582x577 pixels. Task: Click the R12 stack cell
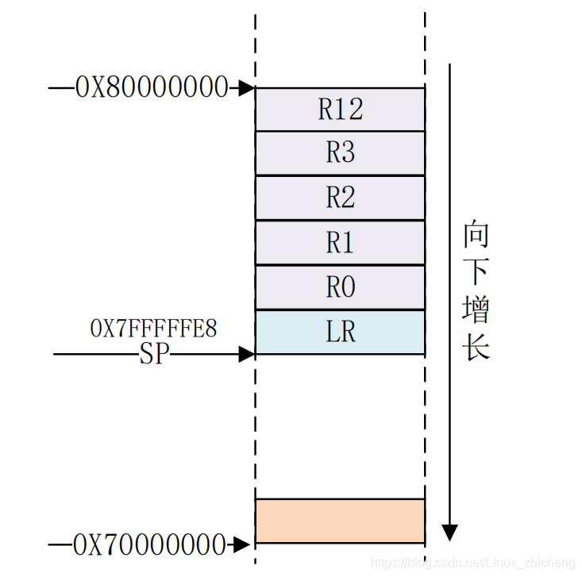tap(340, 109)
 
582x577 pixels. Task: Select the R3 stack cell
tap(340, 152)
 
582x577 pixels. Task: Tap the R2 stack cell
tap(340, 198)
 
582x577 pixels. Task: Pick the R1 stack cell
tap(340, 243)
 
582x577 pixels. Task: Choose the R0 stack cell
tap(340, 287)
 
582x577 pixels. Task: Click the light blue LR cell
tap(340, 332)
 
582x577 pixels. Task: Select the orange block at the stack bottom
tap(340, 521)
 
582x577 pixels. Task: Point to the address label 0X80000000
tap(152, 87)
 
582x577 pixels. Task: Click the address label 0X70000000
tap(150, 545)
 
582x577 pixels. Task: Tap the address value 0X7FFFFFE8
tap(154, 327)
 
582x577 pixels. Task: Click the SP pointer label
tap(155, 354)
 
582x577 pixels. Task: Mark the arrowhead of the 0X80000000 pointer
tap(247, 87)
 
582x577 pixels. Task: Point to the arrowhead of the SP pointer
tap(247, 354)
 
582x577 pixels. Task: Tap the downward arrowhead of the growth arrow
tap(449, 532)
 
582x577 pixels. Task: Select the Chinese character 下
tap(476, 272)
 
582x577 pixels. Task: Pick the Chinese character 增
tap(476, 310)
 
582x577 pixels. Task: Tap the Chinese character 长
tap(476, 348)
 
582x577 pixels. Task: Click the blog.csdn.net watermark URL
tap(473, 563)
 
